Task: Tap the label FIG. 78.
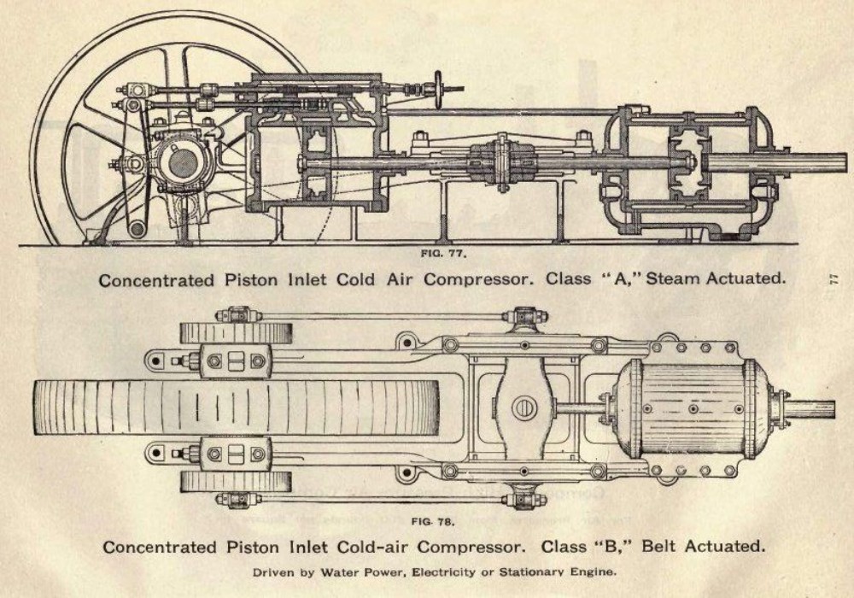pyautogui.click(x=436, y=520)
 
